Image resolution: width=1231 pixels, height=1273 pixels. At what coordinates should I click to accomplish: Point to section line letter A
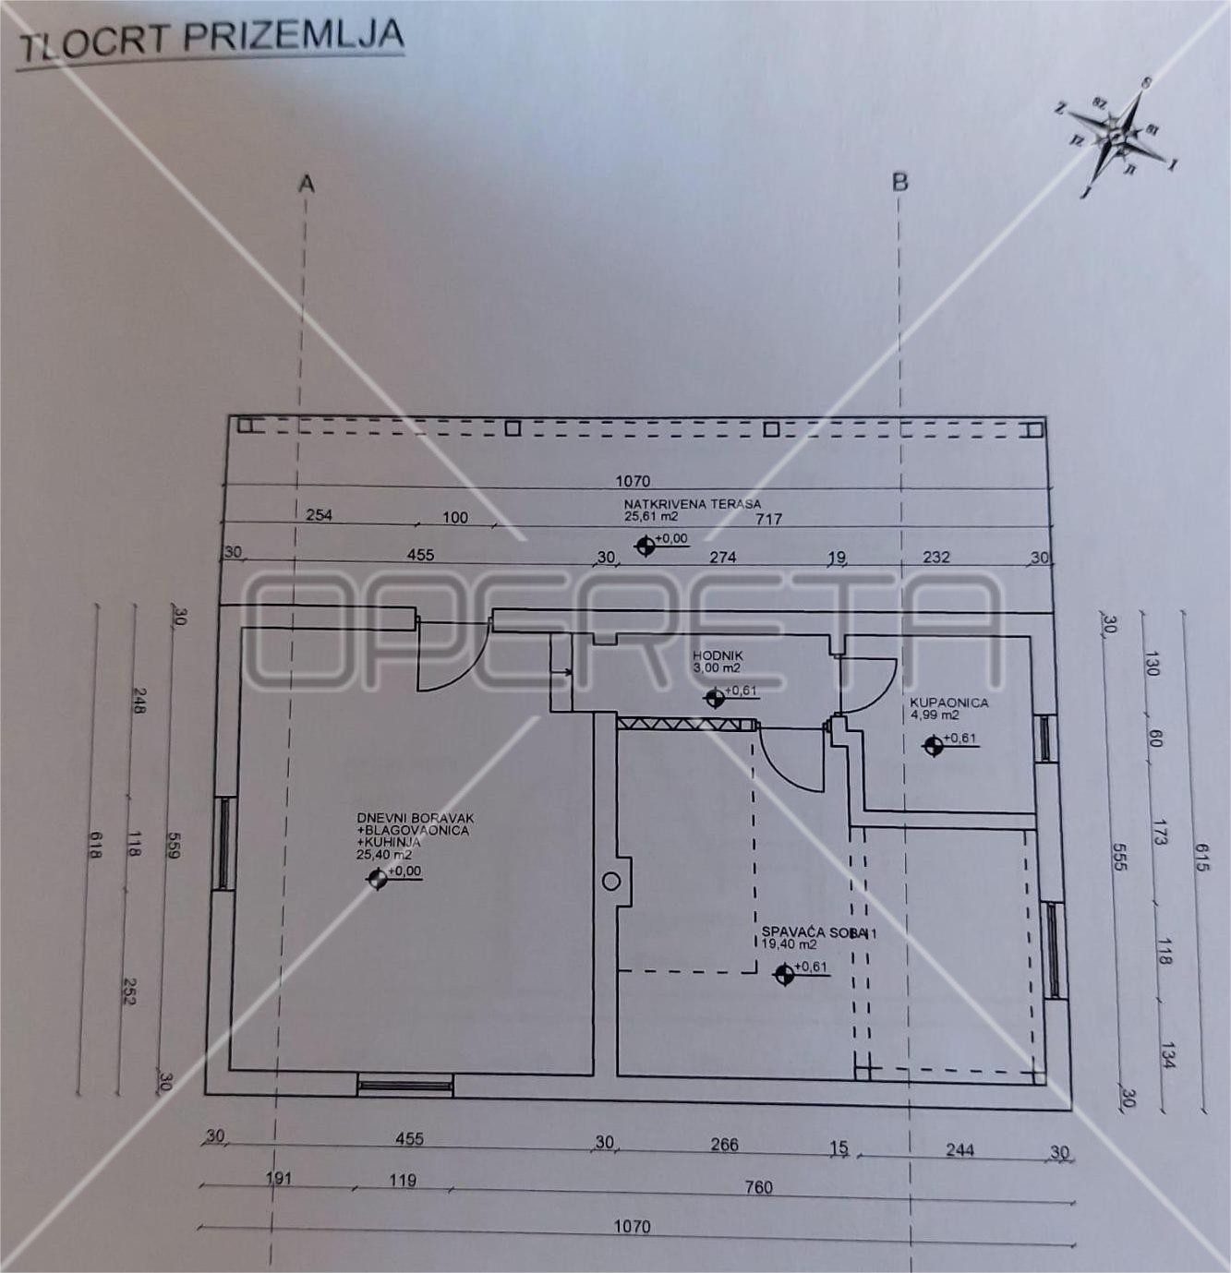307,185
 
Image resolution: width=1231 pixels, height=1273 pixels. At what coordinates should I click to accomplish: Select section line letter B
900,182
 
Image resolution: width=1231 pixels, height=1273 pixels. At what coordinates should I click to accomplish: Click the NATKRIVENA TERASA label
692,504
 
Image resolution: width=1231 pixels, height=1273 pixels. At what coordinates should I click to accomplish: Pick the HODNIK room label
718,655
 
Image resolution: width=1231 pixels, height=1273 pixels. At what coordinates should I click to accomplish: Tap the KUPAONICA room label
949,703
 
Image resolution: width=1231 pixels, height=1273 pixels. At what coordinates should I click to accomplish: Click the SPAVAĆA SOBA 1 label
818,933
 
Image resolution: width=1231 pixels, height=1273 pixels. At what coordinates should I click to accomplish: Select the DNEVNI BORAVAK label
416,819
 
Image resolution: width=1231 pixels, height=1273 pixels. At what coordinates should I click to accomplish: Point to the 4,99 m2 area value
935,715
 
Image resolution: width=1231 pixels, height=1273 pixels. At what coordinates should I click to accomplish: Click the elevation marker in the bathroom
934,744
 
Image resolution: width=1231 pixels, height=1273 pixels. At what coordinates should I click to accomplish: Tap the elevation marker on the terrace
646,546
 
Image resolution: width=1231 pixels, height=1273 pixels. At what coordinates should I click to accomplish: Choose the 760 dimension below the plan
758,1187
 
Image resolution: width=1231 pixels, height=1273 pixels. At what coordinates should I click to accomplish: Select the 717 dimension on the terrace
768,519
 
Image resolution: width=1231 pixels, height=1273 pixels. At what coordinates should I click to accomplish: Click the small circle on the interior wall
610,882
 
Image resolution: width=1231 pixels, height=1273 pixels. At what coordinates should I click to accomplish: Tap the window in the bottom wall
404,1085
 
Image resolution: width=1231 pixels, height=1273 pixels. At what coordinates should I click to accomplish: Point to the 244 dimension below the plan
960,1149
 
